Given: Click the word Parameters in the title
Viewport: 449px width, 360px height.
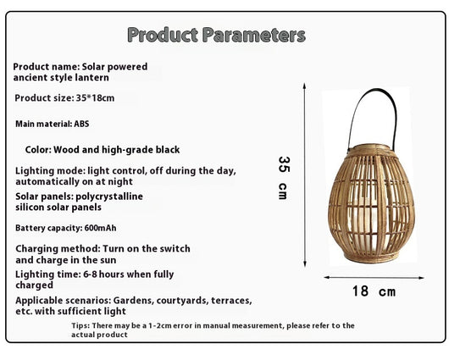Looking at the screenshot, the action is [254, 36].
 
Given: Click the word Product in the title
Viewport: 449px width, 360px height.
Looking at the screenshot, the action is [163, 36].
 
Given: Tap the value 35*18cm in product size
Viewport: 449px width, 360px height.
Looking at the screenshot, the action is [95, 98].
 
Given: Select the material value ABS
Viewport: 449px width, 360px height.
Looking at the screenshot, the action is [81, 124].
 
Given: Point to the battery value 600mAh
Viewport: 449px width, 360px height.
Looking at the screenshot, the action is [101, 228].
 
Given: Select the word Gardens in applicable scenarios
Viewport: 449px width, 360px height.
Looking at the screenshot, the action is [134, 301].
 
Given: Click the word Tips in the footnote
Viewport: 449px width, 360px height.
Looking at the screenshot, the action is [80, 325].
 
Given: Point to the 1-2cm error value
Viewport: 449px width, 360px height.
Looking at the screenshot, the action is [160, 325].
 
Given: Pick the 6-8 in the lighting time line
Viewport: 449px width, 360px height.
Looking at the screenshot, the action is [90, 274].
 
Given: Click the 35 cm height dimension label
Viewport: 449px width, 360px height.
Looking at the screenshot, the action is [284, 178].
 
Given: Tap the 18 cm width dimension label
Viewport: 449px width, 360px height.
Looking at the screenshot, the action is [374, 291].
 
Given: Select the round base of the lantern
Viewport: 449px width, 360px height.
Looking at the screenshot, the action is [371, 257].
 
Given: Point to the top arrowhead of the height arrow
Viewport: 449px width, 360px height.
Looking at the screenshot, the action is [305, 86].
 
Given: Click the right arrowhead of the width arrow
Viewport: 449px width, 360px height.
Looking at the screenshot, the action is [421, 278].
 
